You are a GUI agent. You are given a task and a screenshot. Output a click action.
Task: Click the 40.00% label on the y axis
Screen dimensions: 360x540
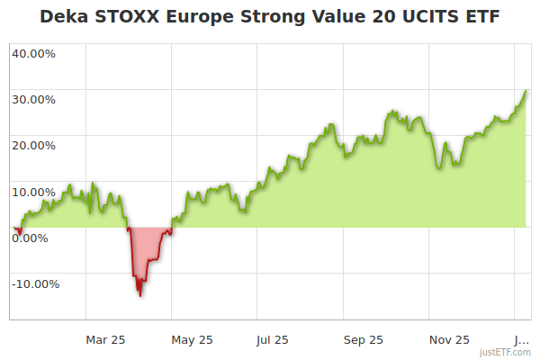point(33,53)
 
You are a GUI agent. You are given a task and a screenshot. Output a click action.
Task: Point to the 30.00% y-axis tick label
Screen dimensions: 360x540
point(33,99)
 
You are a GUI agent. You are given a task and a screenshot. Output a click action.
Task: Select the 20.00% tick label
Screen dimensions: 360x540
point(33,145)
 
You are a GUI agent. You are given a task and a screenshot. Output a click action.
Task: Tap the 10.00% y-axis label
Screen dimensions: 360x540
point(33,192)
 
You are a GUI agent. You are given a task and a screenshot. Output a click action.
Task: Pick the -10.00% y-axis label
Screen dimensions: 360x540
point(35,284)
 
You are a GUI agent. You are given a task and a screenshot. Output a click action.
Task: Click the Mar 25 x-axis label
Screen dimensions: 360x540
point(105,339)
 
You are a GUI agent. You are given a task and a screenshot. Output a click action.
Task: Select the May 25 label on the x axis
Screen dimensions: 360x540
point(192,339)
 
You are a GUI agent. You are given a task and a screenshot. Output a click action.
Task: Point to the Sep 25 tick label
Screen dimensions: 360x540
point(363,339)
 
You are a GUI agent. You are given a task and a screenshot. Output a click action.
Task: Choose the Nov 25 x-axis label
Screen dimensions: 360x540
point(449,339)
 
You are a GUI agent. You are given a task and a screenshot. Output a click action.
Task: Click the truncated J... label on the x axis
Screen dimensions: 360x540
point(521,339)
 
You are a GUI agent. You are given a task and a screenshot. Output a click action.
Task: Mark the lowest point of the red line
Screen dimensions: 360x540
point(139,295)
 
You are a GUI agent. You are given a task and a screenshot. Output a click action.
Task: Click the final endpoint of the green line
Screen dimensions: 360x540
point(526,91)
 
